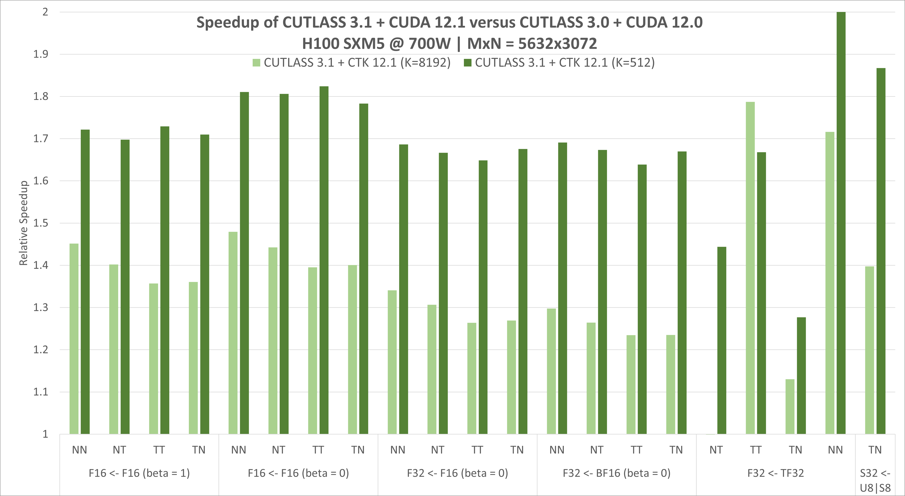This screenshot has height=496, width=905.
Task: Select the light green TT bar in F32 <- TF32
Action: [x=750, y=268]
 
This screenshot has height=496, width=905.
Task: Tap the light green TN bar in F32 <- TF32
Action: [x=790, y=406]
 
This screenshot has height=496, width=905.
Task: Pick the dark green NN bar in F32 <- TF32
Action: [x=841, y=223]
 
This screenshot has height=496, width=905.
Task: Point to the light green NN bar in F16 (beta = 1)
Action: [x=74, y=339]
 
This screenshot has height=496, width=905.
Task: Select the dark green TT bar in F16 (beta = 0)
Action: [x=324, y=260]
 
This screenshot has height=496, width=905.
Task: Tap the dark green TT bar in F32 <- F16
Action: [x=483, y=297]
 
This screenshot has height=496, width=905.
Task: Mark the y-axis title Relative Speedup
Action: [x=23, y=223]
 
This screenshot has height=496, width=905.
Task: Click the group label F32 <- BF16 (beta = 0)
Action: [x=617, y=473]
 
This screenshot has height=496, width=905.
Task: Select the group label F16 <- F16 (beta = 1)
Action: [x=139, y=473]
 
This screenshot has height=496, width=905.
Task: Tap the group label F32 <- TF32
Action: [x=776, y=473]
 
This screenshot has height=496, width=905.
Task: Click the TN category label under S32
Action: [x=875, y=450]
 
